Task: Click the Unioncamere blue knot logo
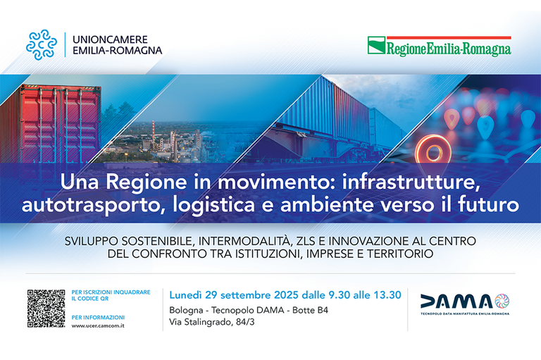pos(42,44)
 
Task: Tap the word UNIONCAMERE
pos(110,39)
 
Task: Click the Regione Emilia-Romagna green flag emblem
pos(376,45)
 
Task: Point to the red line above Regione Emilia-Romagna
pos(449,37)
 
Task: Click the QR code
pos(46,309)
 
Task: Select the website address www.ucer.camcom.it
pos(98,325)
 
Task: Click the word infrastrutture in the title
pos(411,182)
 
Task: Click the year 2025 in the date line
pos(286,295)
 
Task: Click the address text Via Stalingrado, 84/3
pos(212,322)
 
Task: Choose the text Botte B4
pos(310,310)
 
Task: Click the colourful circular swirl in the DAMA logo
pos(502,301)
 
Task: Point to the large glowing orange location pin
pos(433,152)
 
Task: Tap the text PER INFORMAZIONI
pos(98,317)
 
